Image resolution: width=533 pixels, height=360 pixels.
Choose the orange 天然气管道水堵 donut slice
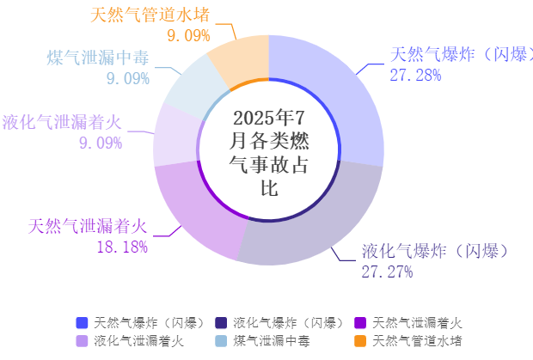pos(241,60)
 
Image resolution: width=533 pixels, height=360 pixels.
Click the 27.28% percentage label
pos(415,75)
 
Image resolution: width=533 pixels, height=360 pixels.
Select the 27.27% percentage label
pos(387,272)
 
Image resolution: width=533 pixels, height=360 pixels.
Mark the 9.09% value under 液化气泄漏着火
pos(101,143)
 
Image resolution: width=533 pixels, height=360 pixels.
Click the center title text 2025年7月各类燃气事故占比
pos(268,152)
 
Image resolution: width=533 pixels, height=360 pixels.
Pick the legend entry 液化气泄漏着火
pos(138,341)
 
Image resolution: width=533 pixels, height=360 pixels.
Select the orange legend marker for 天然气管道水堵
pos(360,341)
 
